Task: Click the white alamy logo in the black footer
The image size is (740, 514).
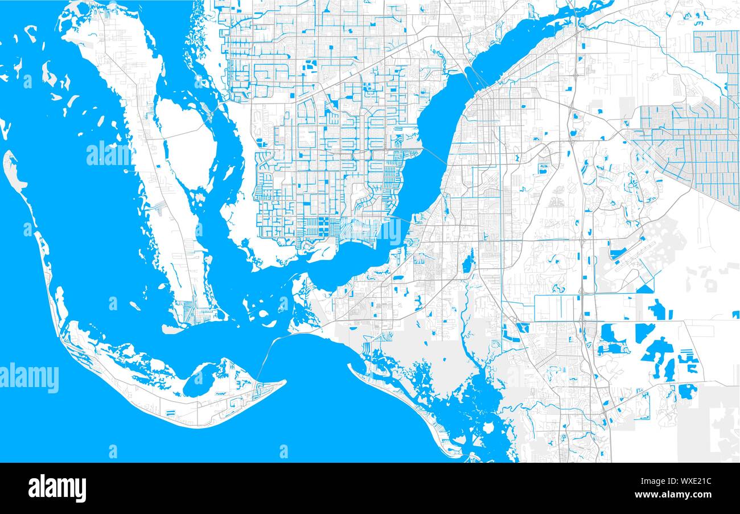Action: (x=57, y=488)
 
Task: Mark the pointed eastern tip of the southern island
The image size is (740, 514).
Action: (x=283, y=383)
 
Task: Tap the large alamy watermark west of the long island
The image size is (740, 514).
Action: (x=108, y=154)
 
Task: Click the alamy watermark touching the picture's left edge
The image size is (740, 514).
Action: (x=28, y=379)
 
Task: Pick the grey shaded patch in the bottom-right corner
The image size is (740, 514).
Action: (x=709, y=421)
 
